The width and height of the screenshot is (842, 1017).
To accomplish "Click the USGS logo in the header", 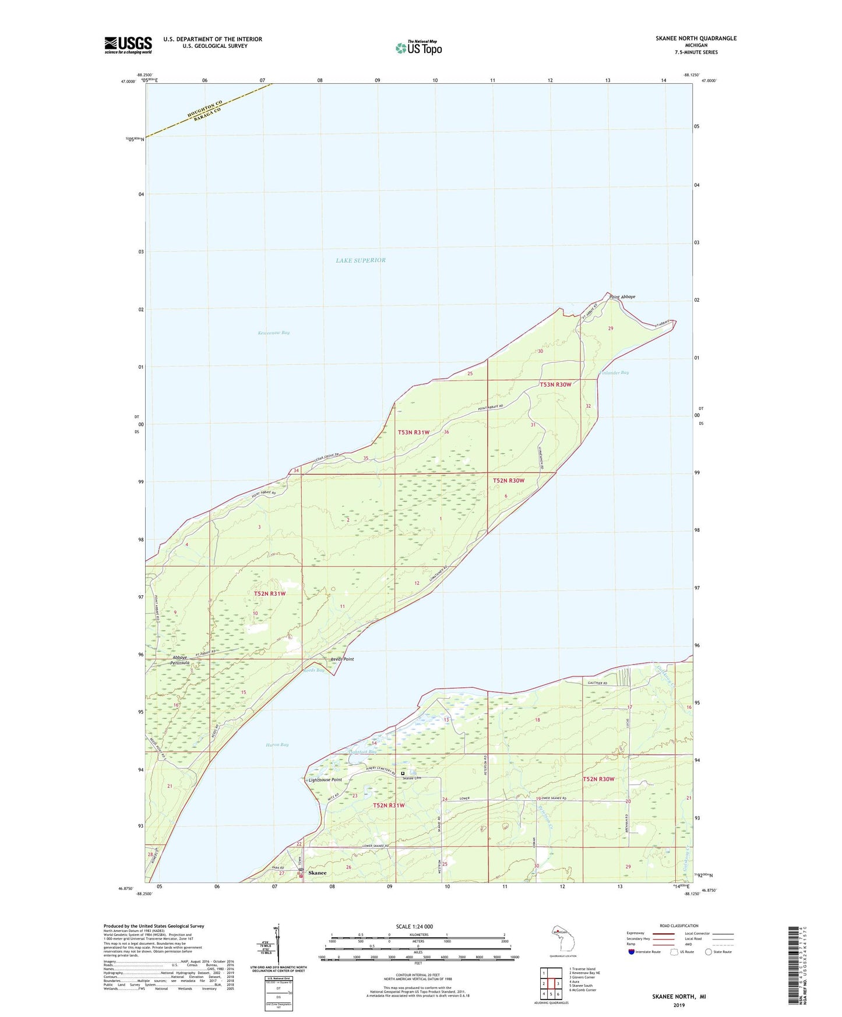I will [x=128, y=45].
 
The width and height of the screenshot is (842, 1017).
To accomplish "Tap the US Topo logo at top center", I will [x=418, y=48].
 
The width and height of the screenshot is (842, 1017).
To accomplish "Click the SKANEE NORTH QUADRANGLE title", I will [x=696, y=38].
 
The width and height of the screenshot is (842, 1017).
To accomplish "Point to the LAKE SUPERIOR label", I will [x=361, y=260].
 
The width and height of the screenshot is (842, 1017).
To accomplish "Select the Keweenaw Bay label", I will [x=273, y=333].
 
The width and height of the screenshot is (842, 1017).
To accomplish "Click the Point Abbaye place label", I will [x=622, y=297].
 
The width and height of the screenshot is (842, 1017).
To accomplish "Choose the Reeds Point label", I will [x=342, y=659].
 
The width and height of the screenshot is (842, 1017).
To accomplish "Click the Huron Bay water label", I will [x=277, y=745].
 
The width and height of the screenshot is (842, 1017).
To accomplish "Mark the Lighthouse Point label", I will [x=325, y=780].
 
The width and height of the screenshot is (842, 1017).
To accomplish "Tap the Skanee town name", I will [x=318, y=873].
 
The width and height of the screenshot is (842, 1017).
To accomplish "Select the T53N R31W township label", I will [x=414, y=432].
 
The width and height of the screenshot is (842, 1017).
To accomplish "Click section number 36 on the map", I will [x=446, y=432].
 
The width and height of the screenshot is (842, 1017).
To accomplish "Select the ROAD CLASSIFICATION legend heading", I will [x=679, y=926].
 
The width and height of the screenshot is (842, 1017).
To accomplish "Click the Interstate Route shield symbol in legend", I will [x=632, y=952].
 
